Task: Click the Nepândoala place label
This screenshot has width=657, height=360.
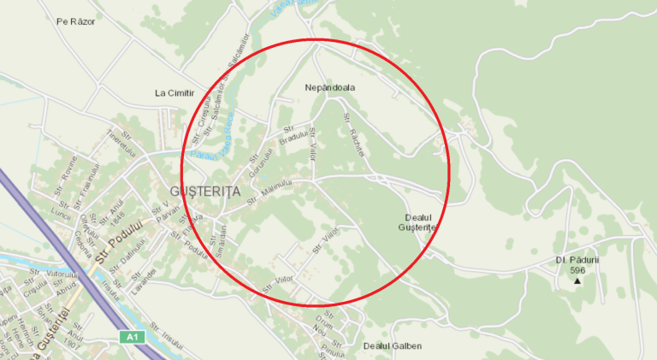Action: [x=329, y=87]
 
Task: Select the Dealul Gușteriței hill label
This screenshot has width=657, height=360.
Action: [x=418, y=222]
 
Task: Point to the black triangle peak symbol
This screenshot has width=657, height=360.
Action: [x=577, y=280]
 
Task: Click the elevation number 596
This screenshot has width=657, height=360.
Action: [x=577, y=269]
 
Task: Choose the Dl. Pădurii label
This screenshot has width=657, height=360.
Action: [x=577, y=259]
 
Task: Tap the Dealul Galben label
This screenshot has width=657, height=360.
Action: [x=393, y=346]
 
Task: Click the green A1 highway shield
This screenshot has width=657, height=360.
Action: [x=131, y=337]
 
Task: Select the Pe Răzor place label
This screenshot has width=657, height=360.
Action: [x=75, y=21]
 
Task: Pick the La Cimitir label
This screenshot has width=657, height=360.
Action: [x=174, y=92]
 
